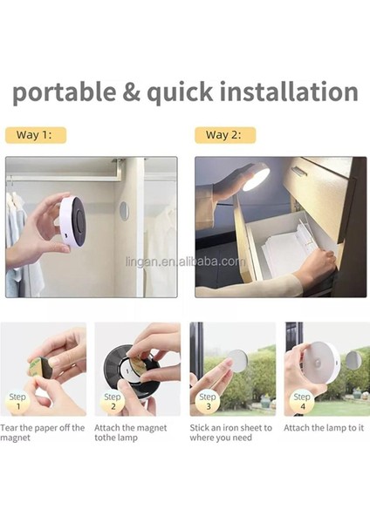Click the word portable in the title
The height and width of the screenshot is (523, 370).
pyautogui.click(x=65, y=92)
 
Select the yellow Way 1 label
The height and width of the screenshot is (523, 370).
pyautogui.click(x=36, y=135)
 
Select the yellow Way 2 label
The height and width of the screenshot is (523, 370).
pyautogui.click(x=225, y=135)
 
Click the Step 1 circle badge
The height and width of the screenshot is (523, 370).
pyautogui.click(x=17, y=401)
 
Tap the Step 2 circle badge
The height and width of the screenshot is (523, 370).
pyautogui.click(x=113, y=401)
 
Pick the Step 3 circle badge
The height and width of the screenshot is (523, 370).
pyautogui.click(x=208, y=401)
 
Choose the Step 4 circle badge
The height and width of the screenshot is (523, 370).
pyautogui.click(x=302, y=401)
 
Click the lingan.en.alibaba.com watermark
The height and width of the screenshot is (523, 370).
pyautogui.click(x=186, y=261)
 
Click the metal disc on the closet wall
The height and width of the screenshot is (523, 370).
pyautogui.click(x=124, y=211)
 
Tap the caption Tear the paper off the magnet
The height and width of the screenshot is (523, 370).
pyautogui.click(x=43, y=432)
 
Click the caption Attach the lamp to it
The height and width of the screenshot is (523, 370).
pyautogui.click(x=324, y=428)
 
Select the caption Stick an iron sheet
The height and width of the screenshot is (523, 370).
pyautogui.click(x=230, y=432)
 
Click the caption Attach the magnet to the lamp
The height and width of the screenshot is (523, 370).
pyautogui.click(x=131, y=432)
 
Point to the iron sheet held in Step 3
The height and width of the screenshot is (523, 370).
pyautogui.click(x=237, y=361)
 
